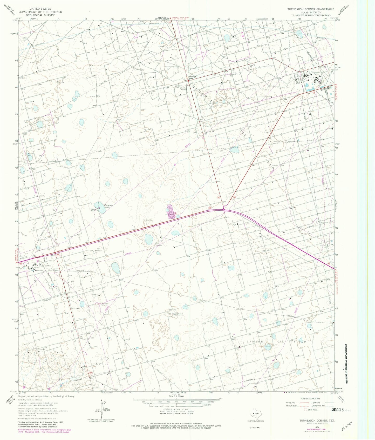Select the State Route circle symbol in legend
click(305, 410)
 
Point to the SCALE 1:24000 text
click(176, 396)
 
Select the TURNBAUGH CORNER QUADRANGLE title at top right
click(311, 9)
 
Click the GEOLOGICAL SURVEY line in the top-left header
click(40, 15)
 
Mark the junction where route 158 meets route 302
click(223, 208)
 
